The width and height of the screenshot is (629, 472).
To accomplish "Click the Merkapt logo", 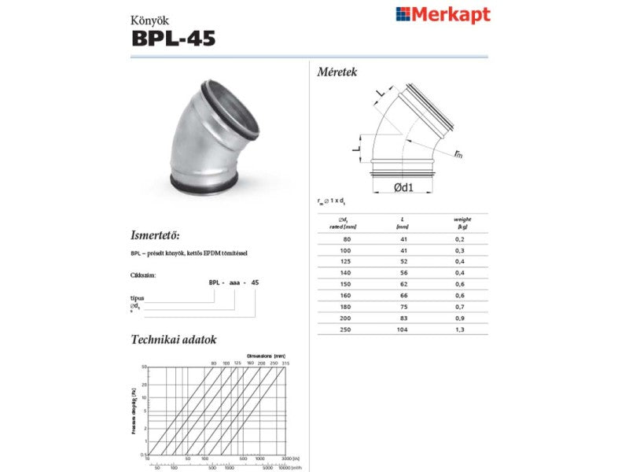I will (443, 14).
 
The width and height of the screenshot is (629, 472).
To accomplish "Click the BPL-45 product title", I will (174, 37).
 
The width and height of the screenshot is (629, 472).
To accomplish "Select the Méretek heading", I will (337, 72).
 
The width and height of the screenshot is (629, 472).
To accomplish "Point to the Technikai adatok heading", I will (173, 340).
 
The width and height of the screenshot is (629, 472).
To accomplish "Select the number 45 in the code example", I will (255, 281).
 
